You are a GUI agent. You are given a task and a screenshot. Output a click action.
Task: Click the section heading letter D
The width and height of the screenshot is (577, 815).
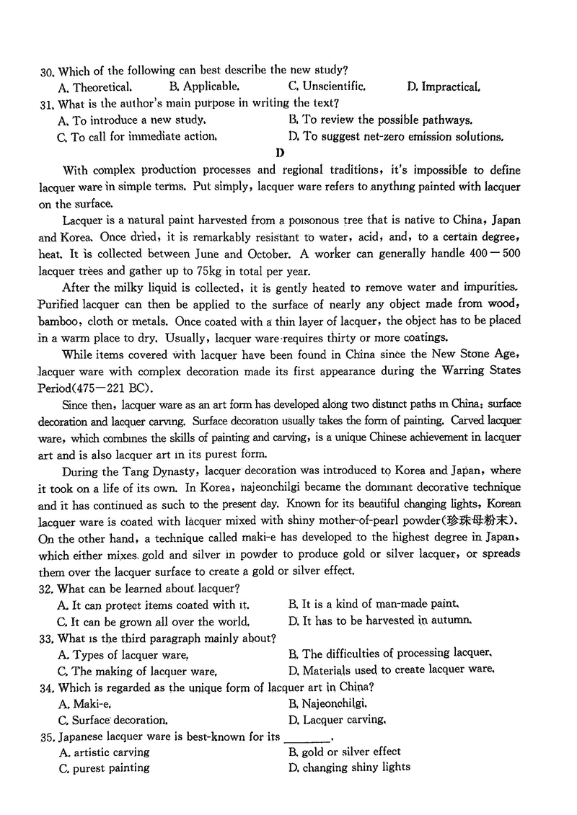point(280,153)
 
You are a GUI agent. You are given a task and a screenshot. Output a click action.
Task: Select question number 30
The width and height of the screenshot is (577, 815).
point(48,71)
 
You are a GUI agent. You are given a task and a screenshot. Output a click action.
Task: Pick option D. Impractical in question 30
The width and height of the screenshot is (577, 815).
point(443,87)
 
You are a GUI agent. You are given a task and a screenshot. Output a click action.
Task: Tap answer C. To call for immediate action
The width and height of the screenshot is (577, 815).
point(136,136)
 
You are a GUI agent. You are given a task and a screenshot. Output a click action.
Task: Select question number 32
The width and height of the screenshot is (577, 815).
point(48,588)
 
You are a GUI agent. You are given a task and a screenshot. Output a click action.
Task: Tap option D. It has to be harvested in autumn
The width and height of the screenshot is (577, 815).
point(379,621)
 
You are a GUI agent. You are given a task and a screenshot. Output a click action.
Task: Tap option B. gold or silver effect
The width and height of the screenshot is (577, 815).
point(344,752)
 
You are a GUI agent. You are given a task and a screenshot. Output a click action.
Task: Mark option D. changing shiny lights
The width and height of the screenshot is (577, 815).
point(348,768)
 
